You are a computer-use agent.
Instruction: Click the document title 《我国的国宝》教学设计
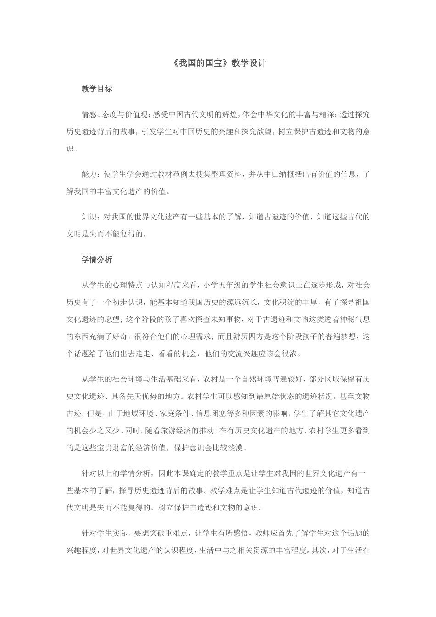click(x=218, y=63)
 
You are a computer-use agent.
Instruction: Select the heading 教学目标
click(x=97, y=90)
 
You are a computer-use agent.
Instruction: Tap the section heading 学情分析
click(x=97, y=259)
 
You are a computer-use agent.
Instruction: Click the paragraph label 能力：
click(x=91, y=174)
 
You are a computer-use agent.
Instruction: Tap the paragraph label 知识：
click(x=91, y=217)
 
